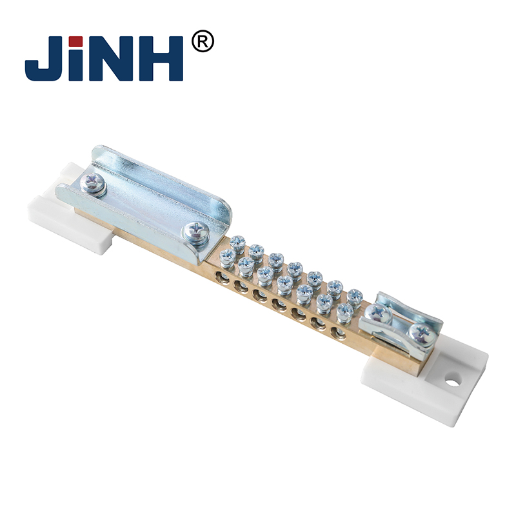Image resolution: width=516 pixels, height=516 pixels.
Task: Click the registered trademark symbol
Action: point(203,41)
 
